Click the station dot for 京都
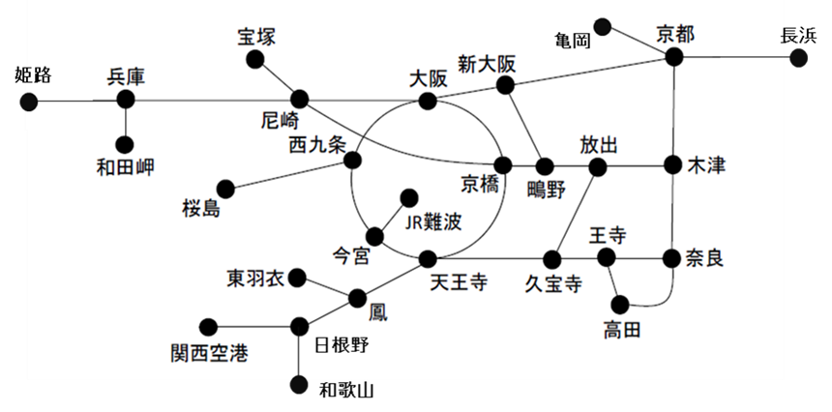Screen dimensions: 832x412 pyautogui.click(x=674, y=58)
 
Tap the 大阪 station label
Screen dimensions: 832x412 pyautogui.click(x=429, y=78)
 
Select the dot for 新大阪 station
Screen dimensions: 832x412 pyautogui.click(x=504, y=86)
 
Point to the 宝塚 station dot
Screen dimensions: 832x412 pyautogui.click(x=255, y=61)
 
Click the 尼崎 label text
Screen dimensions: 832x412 pyautogui.click(x=281, y=120)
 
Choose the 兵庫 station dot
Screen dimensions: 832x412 pyautogui.click(x=125, y=100)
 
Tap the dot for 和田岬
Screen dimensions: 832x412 pyautogui.click(x=125, y=144)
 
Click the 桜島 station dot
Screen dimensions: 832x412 pyautogui.click(x=225, y=188)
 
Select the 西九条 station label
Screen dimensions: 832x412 pyautogui.click(x=316, y=147)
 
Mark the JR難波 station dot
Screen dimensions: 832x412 pyautogui.click(x=408, y=196)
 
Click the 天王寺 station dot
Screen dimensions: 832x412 pyautogui.click(x=428, y=258)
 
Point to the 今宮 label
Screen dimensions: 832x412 pyautogui.click(x=350, y=256)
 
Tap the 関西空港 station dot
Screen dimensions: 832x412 pyautogui.click(x=206, y=326)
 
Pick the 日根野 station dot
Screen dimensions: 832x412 pyautogui.click(x=299, y=326)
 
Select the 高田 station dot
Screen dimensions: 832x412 pyautogui.click(x=620, y=304)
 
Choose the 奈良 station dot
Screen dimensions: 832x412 pyautogui.click(x=672, y=258)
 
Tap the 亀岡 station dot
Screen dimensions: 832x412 pyautogui.click(x=603, y=26)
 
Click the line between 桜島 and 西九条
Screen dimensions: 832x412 pyautogui.click(x=289, y=174)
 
